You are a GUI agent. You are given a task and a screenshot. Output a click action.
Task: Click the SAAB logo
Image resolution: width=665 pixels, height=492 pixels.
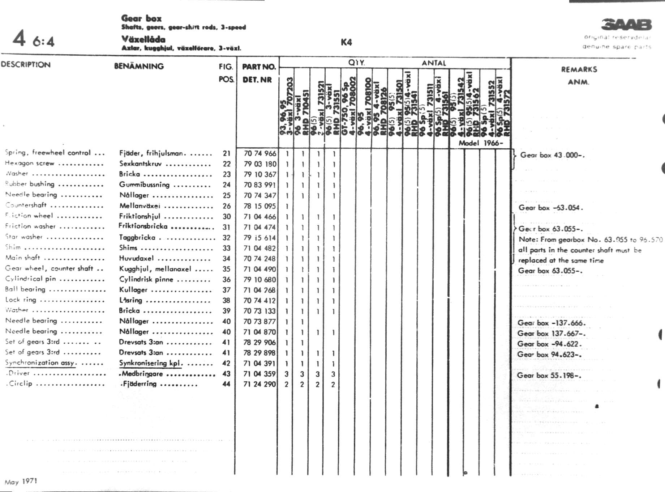click(626, 25)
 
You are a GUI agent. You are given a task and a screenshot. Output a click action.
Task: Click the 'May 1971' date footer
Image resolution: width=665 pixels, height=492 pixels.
click(21, 482)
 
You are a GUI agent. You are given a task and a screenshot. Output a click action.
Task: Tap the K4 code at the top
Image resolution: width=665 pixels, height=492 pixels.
click(346, 42)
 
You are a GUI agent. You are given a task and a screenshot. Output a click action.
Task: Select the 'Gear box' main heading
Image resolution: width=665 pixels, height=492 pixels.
click(141, 18)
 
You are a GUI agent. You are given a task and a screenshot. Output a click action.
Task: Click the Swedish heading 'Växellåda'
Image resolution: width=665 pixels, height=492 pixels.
click(143, 39)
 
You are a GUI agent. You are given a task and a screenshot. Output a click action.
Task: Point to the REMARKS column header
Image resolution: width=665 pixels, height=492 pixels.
click(579, 69)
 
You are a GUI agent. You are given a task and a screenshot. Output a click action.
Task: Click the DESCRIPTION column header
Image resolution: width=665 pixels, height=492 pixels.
click(26, 65)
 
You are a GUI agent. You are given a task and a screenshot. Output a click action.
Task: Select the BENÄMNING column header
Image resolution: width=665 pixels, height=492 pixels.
click(139, 66)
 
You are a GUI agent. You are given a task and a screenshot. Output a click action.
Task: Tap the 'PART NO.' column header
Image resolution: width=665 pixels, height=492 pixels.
click(259, 67)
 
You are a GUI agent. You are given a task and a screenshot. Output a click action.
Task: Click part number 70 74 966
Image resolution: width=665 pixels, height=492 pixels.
click(259, 153)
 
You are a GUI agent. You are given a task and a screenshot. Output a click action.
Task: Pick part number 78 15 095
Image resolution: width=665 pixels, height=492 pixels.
click(259, 206)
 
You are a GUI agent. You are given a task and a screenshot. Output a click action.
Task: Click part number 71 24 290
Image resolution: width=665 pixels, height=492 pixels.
click(259, 384)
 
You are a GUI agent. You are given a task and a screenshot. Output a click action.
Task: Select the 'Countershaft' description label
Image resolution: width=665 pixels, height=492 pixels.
click(26, 205)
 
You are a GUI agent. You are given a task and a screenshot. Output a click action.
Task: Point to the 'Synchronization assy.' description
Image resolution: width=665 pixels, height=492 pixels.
click(40, 362)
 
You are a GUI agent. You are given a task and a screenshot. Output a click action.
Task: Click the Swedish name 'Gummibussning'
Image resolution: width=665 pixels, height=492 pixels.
click(144, 184)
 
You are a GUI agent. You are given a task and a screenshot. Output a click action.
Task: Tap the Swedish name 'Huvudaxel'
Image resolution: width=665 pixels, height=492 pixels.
click(137, 258)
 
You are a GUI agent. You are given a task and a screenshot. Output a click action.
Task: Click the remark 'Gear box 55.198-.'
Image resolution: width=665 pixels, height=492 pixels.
click(549, 376)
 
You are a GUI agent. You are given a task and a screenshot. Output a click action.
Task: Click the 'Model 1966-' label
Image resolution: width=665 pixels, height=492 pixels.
click(480, 143)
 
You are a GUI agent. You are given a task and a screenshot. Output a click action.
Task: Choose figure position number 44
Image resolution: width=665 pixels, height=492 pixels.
click(226, 384)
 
